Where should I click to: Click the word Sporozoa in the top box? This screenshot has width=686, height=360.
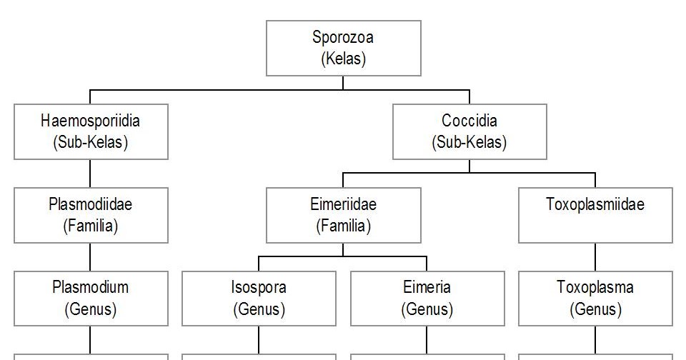coord(343,37)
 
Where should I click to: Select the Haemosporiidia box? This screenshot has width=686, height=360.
coord(91,131)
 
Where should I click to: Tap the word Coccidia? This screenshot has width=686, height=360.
coord(469,121)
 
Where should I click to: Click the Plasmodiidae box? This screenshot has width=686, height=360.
coord(91,215)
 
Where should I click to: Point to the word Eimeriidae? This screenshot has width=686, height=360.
coord(343,205)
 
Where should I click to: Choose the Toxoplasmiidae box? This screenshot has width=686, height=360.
coord(595,215)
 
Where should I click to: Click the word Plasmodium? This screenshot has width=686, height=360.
coord(91,288)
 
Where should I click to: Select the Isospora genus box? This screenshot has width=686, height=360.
coord(259,299)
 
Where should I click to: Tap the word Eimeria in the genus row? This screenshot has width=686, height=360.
coord(427,288)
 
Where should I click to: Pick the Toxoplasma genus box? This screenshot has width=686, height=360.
coord(595,299)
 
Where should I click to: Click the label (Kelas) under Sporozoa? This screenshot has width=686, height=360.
coord(343,59)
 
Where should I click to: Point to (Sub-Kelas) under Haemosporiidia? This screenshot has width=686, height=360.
coord(91,142)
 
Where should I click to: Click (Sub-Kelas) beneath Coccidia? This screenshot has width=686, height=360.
coord(469,142)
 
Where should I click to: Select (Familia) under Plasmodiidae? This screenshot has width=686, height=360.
coord(91,226)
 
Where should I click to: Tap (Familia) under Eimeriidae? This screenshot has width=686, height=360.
coord(343,226)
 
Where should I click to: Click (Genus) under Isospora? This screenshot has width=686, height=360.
coord(259,310)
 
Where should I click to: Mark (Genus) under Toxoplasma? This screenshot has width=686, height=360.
coord(595,310)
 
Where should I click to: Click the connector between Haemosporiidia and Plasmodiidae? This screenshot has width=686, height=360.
coord(90,173)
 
